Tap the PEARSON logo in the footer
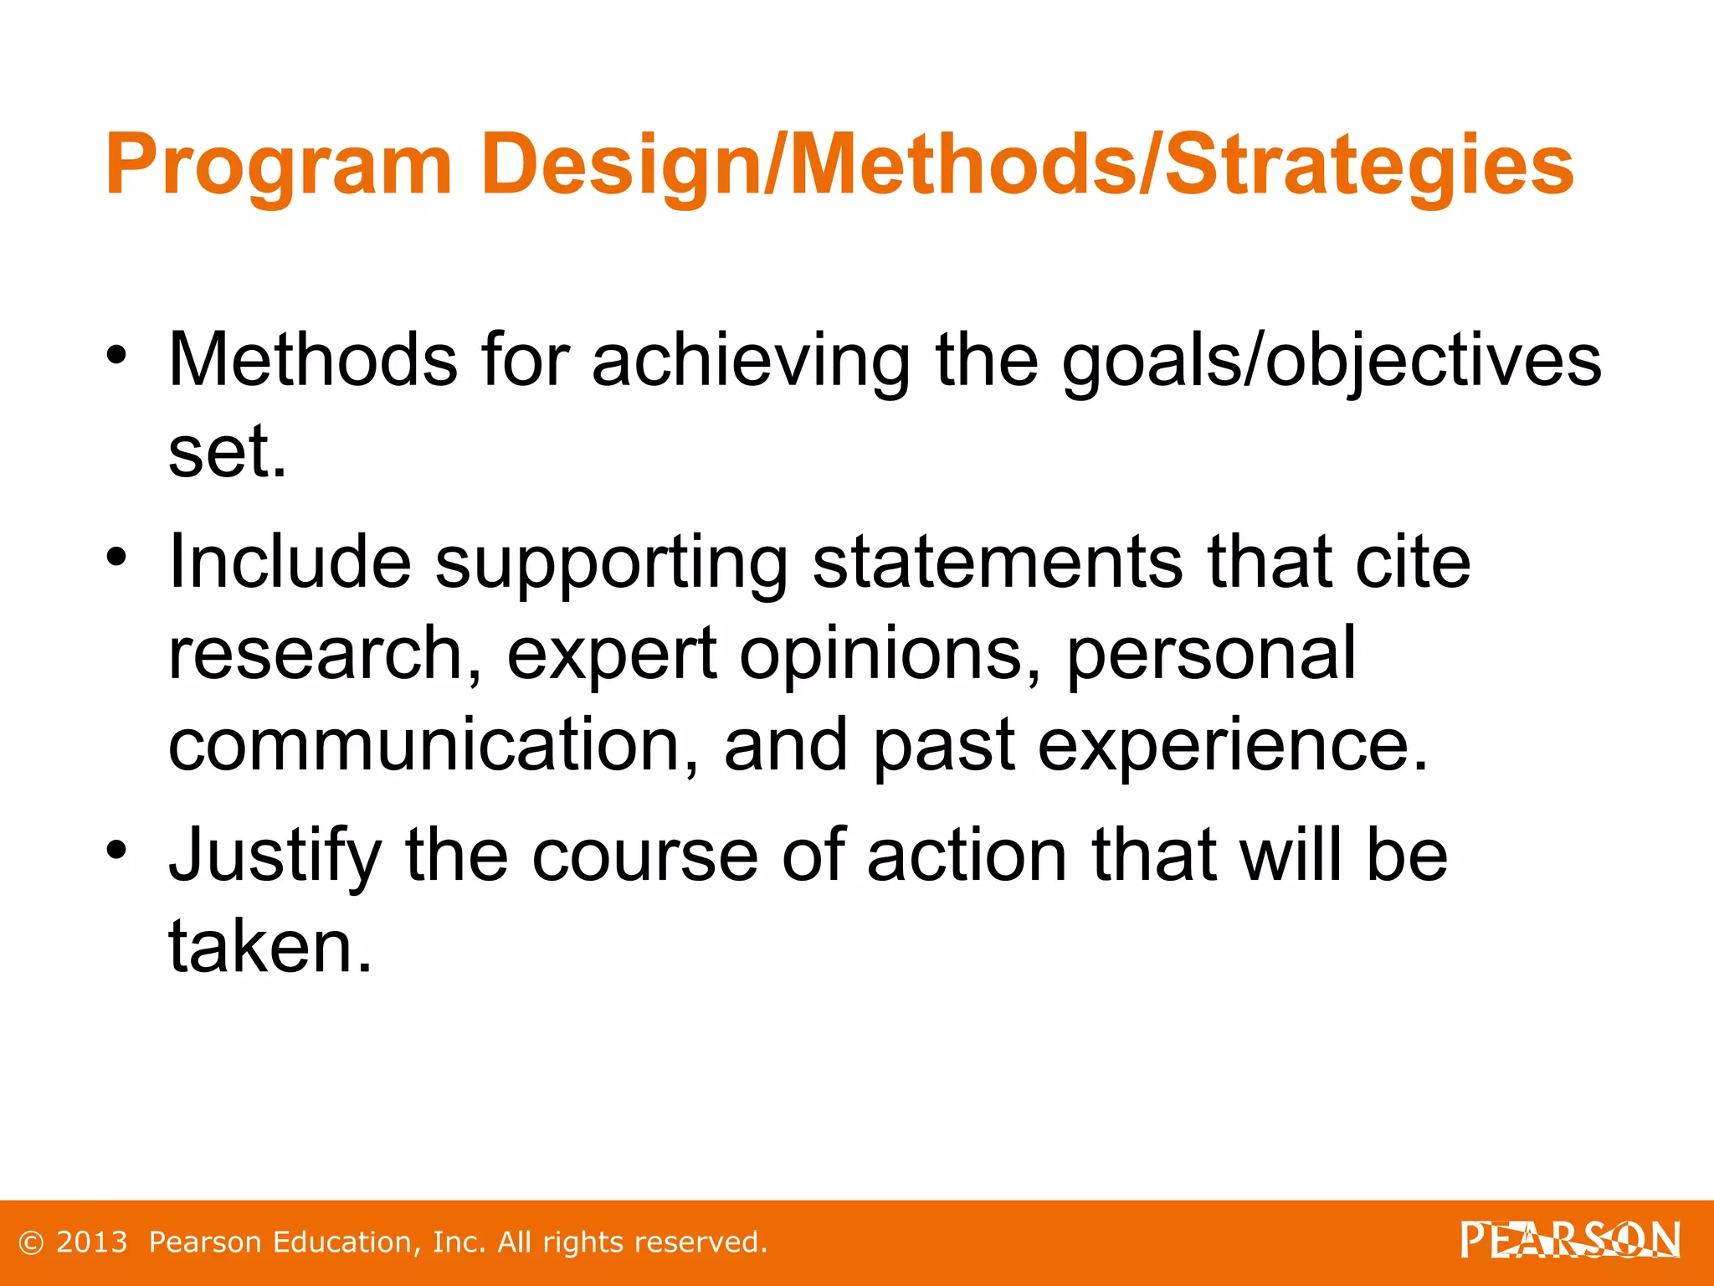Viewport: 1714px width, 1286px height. coord(1570,1240)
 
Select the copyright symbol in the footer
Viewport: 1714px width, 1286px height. coord(31,1243)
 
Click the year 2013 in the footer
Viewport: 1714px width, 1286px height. coord(92,1242)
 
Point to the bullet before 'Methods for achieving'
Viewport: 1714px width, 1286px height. coord(116,355)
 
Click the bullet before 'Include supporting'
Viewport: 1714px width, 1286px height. coord(116,556)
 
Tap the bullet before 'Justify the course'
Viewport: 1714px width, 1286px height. coord(116,849)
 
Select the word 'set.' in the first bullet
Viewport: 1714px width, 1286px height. coord(227,453)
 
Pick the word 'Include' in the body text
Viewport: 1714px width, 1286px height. coord(290,562)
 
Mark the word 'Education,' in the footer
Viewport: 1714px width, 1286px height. coord(347,1242)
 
